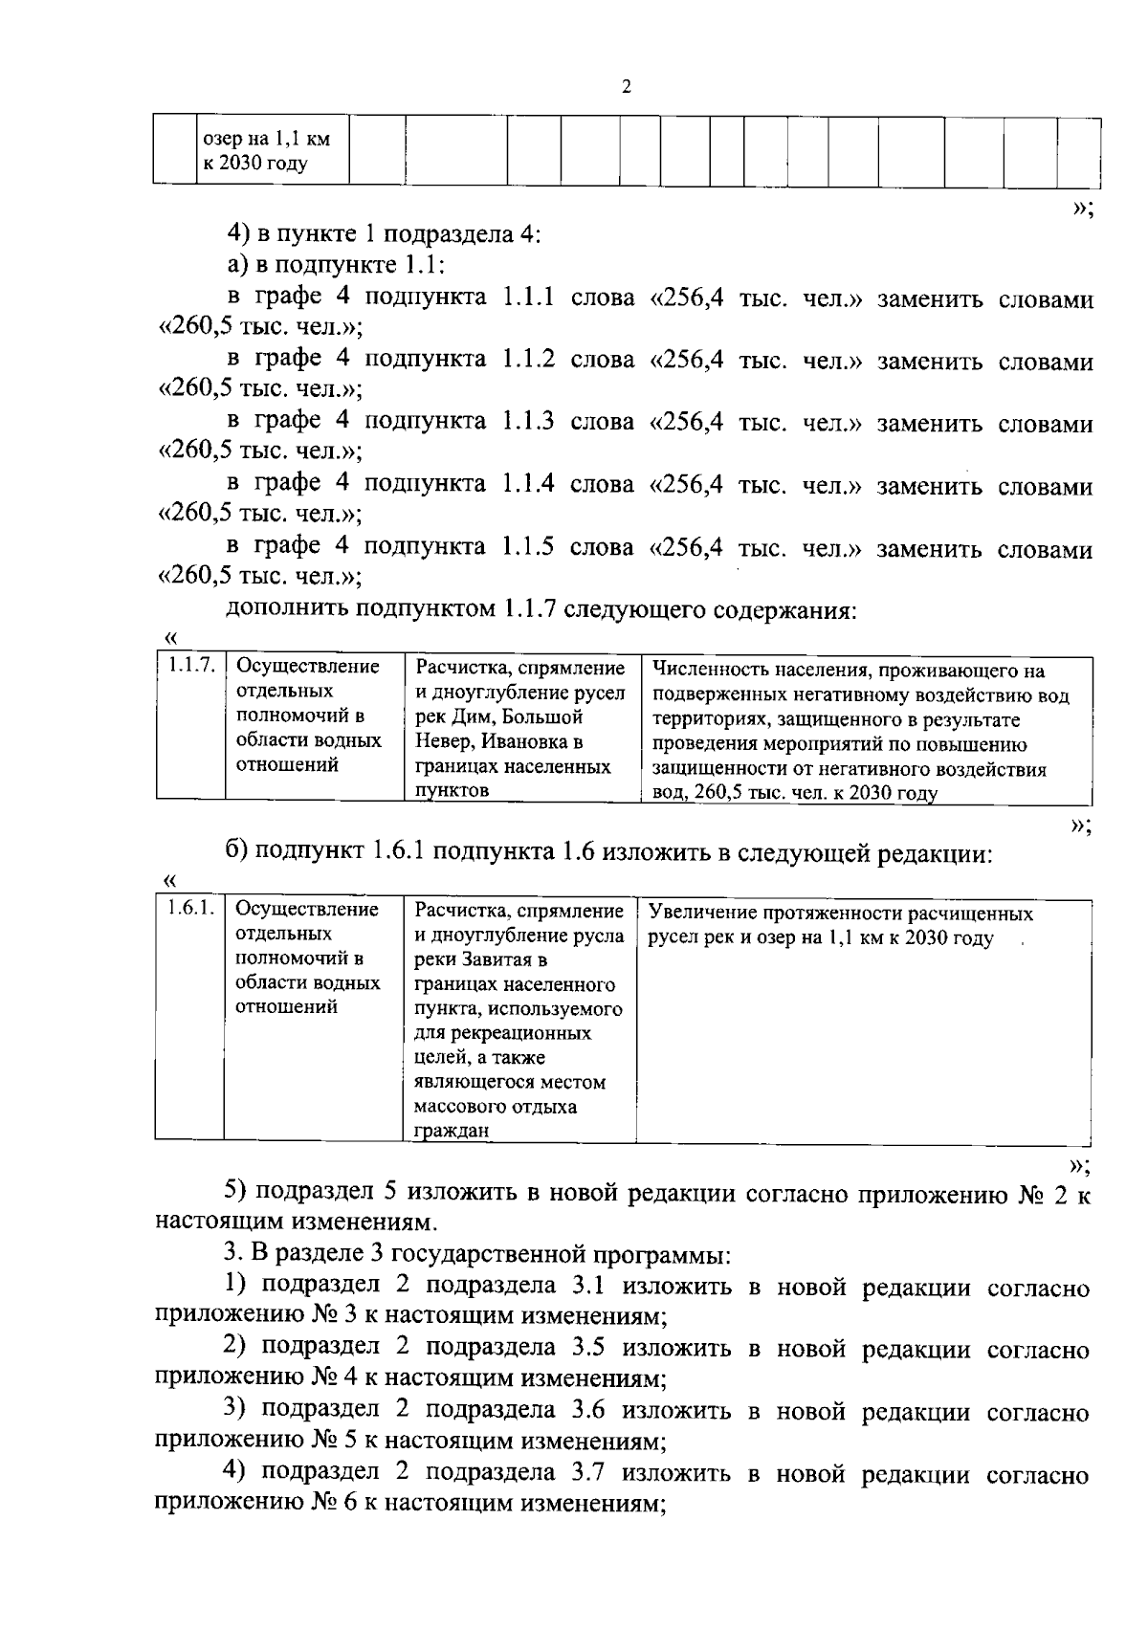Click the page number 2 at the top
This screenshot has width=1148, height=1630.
(x=627, y=88)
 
